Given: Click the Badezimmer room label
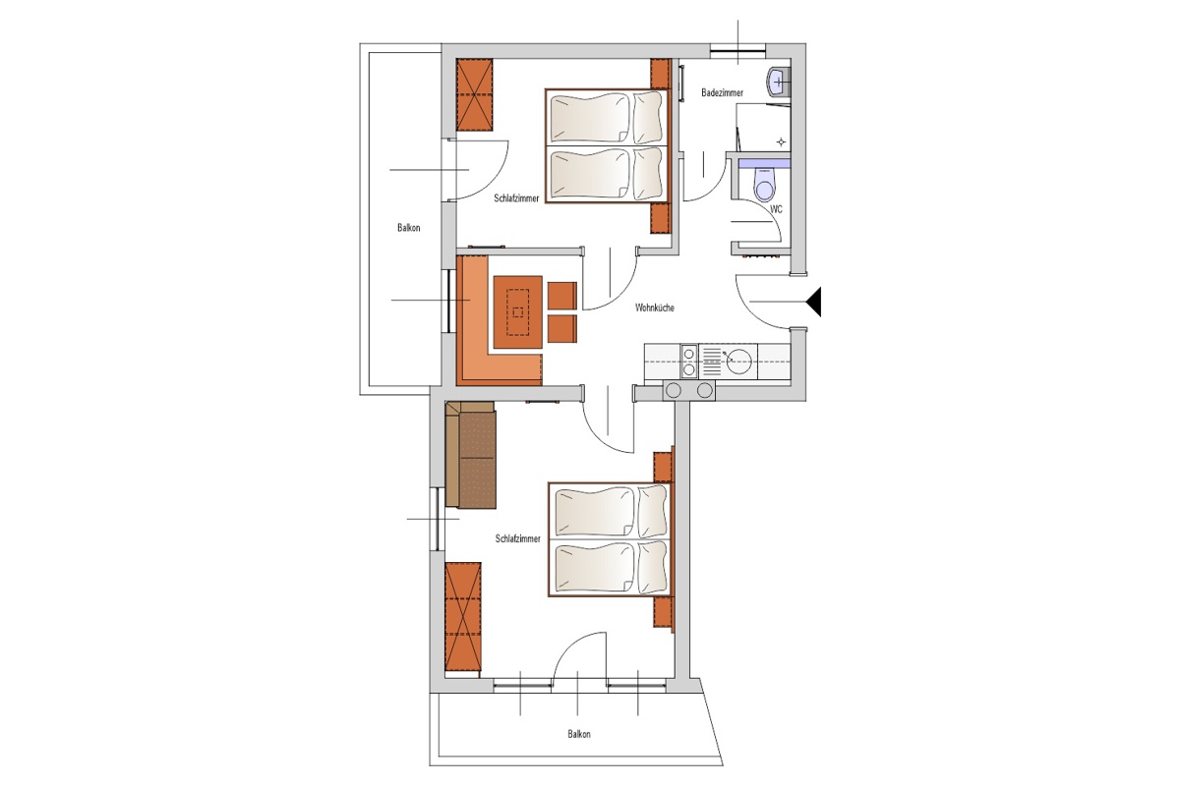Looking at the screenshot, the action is click(x=722, y=93).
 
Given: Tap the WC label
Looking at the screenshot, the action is click(x=776, y=209).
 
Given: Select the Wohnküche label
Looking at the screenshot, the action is click(x=654, y=308).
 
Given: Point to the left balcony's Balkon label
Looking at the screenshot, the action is click(x=409, y=228).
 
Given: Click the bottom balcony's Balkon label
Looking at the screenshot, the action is click(x=579, y=734).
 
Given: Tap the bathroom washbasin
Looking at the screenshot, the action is click(x=779, y=83).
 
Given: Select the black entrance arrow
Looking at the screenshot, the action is click(x=814, y=302).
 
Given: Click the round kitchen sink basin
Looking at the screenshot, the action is click(x=739, y=362).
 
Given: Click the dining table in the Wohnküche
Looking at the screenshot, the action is click(x=518, y=312).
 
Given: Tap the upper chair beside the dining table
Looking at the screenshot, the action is click(x=562, y=296).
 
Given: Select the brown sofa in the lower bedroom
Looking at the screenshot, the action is click(x=470, y=455).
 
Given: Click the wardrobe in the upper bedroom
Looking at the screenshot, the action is click(x=475, y=94).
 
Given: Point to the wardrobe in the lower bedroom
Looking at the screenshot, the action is click(x=463, y=616).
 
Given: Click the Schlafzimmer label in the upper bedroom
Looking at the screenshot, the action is click(x=516, y=198).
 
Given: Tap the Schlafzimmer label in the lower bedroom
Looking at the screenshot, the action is click(x=518, y=538).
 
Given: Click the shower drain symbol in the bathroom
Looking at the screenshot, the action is click(x=781, y=141).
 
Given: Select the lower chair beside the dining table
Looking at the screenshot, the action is click(x=562, y=329).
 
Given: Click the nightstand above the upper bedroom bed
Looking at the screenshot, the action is click(x=661, y=74).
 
